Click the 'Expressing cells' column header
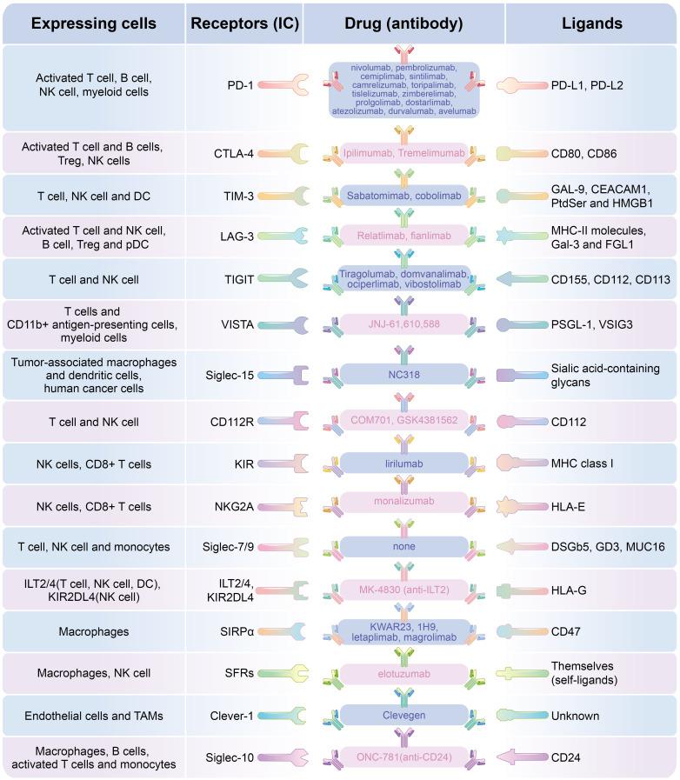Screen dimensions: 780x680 pos(94,23)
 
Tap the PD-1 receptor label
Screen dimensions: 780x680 pos(240,85)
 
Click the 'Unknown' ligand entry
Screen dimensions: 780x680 pos(574,715)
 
